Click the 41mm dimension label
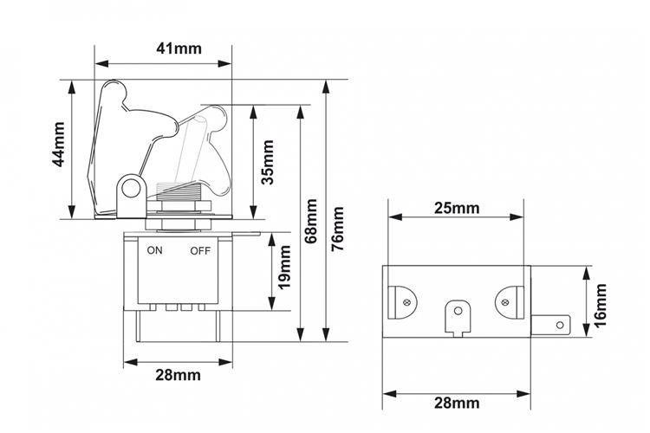[179, 48]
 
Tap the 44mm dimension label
[58, 145]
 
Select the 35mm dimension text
[268, 162]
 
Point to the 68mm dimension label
[310, 222]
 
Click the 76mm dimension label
[338, 229]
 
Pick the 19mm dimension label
[284, 268]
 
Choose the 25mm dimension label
[457, 208]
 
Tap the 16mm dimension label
[600, 306]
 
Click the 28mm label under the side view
[178, 375]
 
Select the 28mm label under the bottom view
[457, 403]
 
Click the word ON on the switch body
[154, 250]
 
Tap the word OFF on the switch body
[200, 250]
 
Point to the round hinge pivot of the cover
[131, 190]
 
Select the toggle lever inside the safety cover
[190, 148]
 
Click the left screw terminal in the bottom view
[402, 302]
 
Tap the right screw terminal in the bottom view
[509, 302]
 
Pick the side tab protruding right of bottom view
[550, 325]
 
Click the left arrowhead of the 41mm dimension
[102, 64]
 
